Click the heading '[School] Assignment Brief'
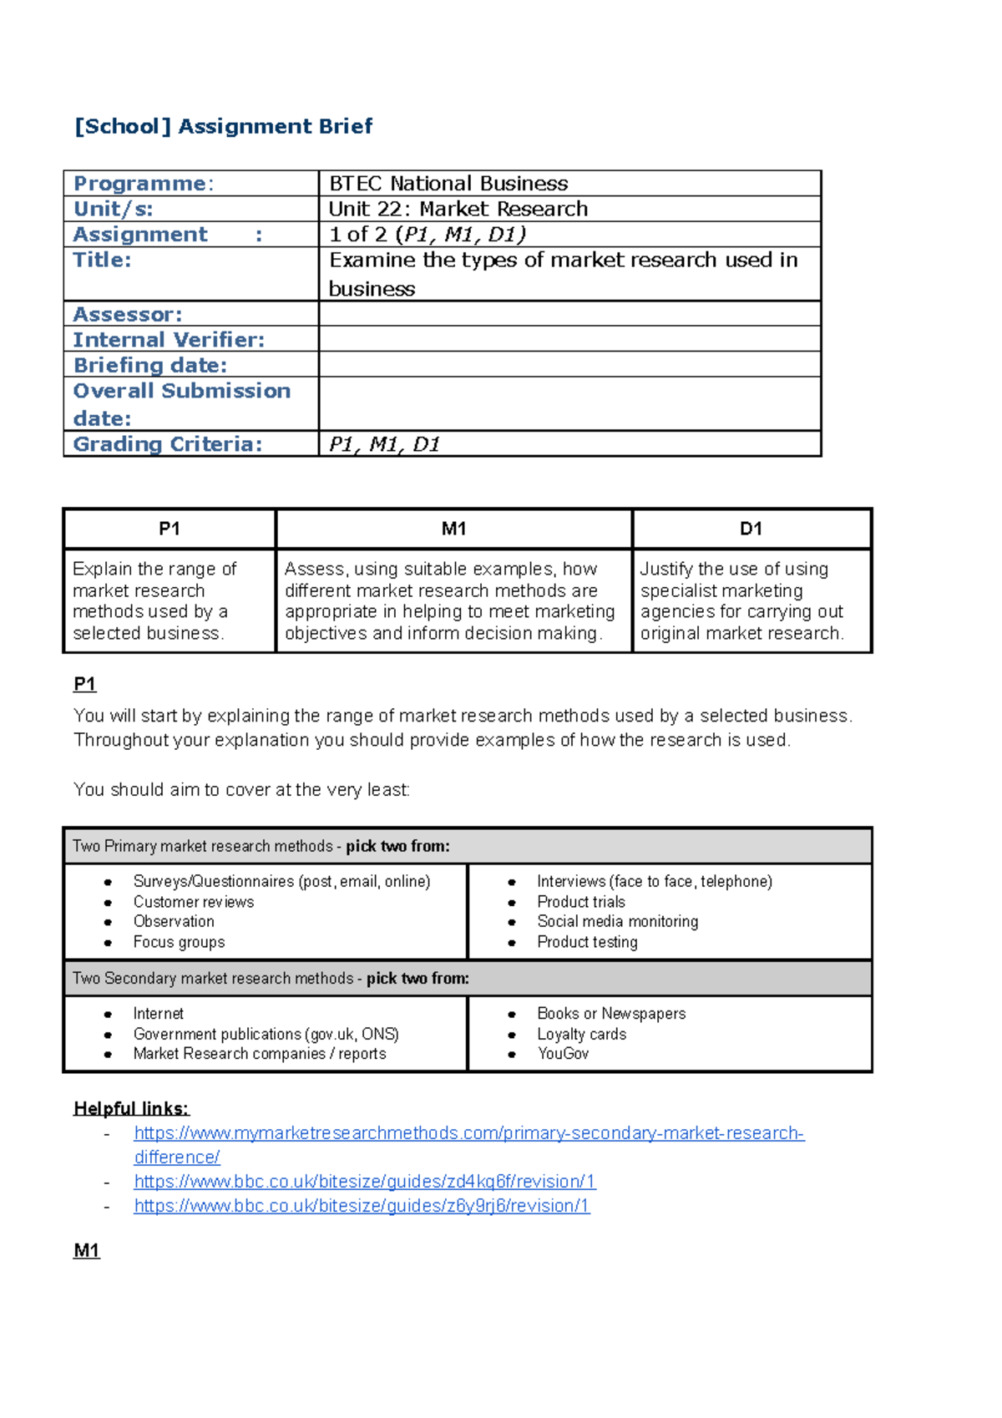223,126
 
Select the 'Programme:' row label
143,184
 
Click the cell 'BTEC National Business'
448,184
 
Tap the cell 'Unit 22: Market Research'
458,209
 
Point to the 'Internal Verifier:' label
169,340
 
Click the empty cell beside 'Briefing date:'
569,365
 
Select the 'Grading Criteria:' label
168,444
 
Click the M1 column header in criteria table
453,529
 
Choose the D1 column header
751,529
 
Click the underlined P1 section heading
84,685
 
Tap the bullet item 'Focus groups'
179,942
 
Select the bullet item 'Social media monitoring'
617,921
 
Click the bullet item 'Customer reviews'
193,902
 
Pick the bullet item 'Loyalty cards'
581,1034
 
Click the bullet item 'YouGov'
563,1054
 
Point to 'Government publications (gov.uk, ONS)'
266,1034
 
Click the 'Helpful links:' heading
131,1109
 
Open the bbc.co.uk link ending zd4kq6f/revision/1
365,1182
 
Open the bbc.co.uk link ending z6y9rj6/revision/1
362,1206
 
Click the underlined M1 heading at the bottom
86,1251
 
